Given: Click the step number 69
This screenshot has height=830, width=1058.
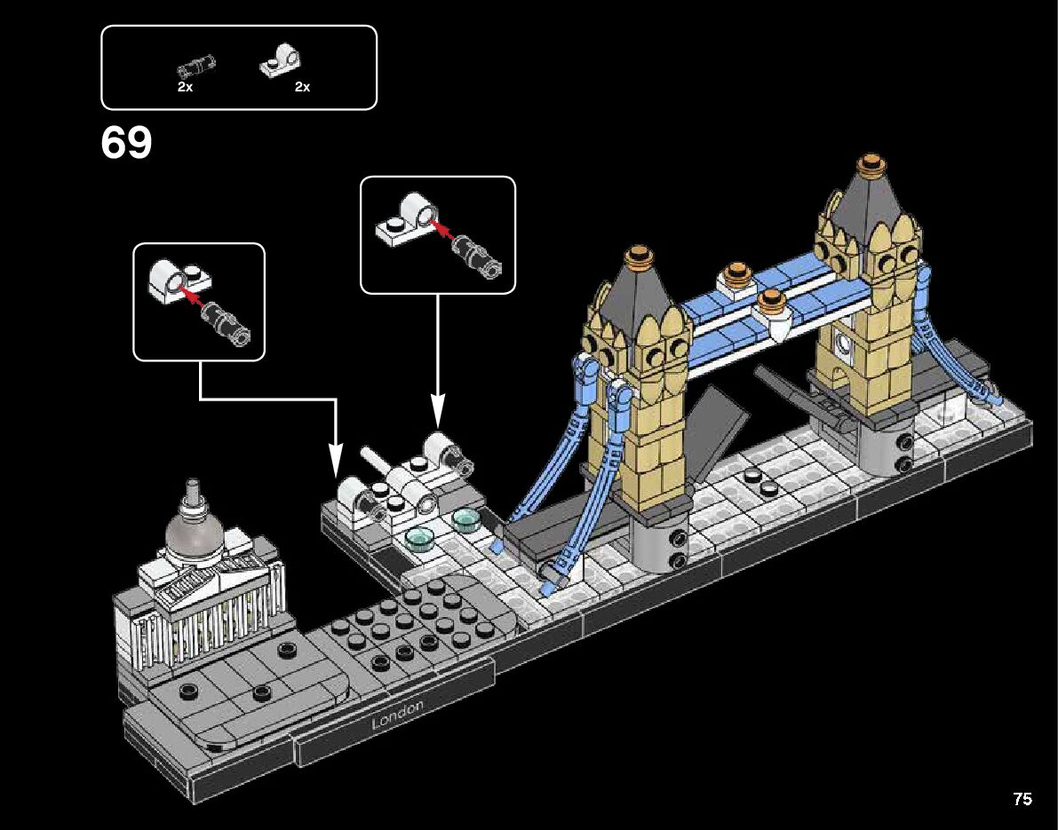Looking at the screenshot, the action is pyautogui.click(x=127, y=144).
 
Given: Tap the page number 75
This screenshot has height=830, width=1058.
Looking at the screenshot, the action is pyautogui.click(x=1022, y=799).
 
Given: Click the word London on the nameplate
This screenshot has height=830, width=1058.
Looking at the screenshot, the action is pyautogui.click(x=397, y=715).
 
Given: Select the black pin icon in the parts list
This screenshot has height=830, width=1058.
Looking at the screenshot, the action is pyautogui.click(x=195, y=65).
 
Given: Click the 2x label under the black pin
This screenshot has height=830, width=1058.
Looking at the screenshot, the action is pyautogui.click(x=185, y=87).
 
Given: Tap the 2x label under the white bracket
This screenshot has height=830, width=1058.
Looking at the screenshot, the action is pyautogui.click(x=302, y=87).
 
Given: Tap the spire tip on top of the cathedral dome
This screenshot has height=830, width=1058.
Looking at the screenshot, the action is pyautogui.click(x=191, y=484).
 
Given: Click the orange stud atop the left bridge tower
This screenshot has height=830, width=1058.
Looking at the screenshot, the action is pyautogui.click(x=637, y=256).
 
